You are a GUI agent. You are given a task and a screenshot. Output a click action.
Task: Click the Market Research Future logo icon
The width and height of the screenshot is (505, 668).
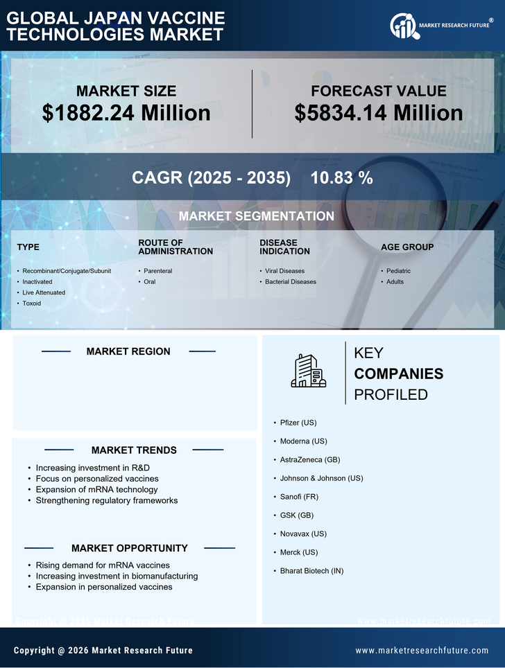click(403, 26)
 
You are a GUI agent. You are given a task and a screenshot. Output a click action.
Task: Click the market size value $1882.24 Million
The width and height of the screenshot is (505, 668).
click(126, 112)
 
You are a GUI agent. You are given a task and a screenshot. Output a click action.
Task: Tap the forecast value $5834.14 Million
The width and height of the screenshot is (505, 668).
click(378, 112)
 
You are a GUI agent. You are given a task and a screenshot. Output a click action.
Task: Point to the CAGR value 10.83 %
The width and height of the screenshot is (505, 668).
click(341, 177)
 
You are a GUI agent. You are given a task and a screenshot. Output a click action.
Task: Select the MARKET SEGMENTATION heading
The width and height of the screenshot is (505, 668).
click(256, 216)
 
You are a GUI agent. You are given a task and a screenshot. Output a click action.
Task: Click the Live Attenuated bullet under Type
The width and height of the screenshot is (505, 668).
click(44, 292)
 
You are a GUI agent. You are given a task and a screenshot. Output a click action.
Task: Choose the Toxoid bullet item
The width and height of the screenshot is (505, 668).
click(32, 304)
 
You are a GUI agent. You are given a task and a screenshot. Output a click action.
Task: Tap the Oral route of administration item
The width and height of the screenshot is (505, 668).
click(150, 282)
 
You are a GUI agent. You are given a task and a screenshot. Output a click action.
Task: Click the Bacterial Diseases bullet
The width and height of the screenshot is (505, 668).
click(291, 282)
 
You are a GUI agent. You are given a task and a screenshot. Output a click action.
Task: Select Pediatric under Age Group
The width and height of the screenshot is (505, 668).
click(399, 271)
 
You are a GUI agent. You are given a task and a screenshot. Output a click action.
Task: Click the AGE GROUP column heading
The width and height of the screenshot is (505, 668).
click(407, 247)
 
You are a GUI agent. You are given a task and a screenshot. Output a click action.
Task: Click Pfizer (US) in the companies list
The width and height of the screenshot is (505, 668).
click(298, 422)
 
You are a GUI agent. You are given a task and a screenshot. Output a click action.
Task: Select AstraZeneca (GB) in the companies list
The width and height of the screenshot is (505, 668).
click(310, 459)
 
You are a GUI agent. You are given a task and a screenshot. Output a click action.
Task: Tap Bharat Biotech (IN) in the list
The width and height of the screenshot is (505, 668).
click(311, 571)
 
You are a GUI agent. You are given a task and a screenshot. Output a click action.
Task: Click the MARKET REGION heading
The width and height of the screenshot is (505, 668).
click(128, 351)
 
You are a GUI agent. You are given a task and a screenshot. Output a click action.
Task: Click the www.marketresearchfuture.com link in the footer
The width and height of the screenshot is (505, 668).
click(422, 651)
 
